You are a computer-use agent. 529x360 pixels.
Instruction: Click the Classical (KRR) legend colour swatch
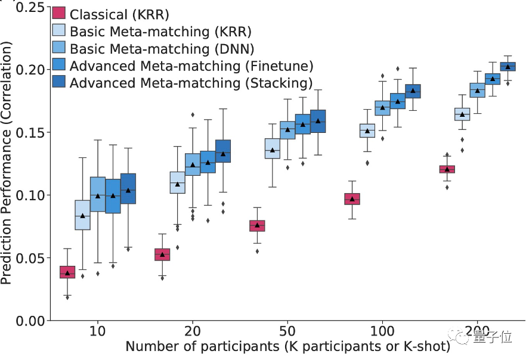[59, 13]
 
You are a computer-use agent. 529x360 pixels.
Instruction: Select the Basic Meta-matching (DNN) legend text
[161, 48]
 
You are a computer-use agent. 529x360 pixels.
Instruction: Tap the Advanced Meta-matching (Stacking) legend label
[191, 82]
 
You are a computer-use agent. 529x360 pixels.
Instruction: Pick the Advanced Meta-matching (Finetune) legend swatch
[59, 65]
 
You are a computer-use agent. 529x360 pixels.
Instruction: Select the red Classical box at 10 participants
[67, 272]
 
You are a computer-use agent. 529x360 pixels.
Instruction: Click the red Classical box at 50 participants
[257, 226]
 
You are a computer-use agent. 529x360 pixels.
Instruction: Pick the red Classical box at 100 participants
[352, 199]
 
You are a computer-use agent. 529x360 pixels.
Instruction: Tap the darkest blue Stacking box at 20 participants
[223, 151]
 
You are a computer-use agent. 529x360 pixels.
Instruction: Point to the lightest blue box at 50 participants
[272, 148]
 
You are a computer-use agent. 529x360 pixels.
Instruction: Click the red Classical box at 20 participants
[162, 255]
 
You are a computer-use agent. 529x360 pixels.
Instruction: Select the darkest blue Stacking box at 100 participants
[413, 91]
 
